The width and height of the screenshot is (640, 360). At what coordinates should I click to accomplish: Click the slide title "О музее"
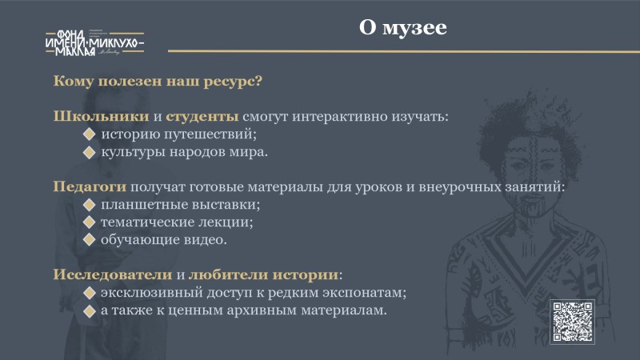pos(403,28)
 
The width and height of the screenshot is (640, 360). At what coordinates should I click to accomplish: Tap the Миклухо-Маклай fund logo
pos(94,42)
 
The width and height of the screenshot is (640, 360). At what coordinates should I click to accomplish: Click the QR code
pos(572,322)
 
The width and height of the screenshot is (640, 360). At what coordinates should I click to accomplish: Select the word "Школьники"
pos(102,116)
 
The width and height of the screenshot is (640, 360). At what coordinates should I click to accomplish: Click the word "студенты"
pos(202,117)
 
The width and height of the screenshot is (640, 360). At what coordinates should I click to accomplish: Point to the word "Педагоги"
pos(90,187)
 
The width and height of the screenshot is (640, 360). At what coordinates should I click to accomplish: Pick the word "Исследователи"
pos(113,274)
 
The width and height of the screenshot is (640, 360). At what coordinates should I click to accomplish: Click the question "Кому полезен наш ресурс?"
pos(158,82)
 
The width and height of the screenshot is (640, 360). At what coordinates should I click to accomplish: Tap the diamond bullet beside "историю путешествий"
pos(89,134)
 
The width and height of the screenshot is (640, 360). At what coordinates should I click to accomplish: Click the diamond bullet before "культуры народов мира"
pos(89,152)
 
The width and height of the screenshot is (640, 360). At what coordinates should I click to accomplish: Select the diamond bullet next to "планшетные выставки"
pos(89,205)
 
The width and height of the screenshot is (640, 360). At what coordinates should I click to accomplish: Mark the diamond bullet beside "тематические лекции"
pos(89,222)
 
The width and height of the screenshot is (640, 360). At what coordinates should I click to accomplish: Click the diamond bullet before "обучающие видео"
pos(89,239)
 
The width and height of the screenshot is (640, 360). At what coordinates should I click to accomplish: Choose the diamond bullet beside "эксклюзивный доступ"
pos(89,293)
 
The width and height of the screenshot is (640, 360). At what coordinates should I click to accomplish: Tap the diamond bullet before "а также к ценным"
pos(89,310)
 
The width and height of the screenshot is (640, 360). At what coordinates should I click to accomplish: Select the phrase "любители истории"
pos(263,274)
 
